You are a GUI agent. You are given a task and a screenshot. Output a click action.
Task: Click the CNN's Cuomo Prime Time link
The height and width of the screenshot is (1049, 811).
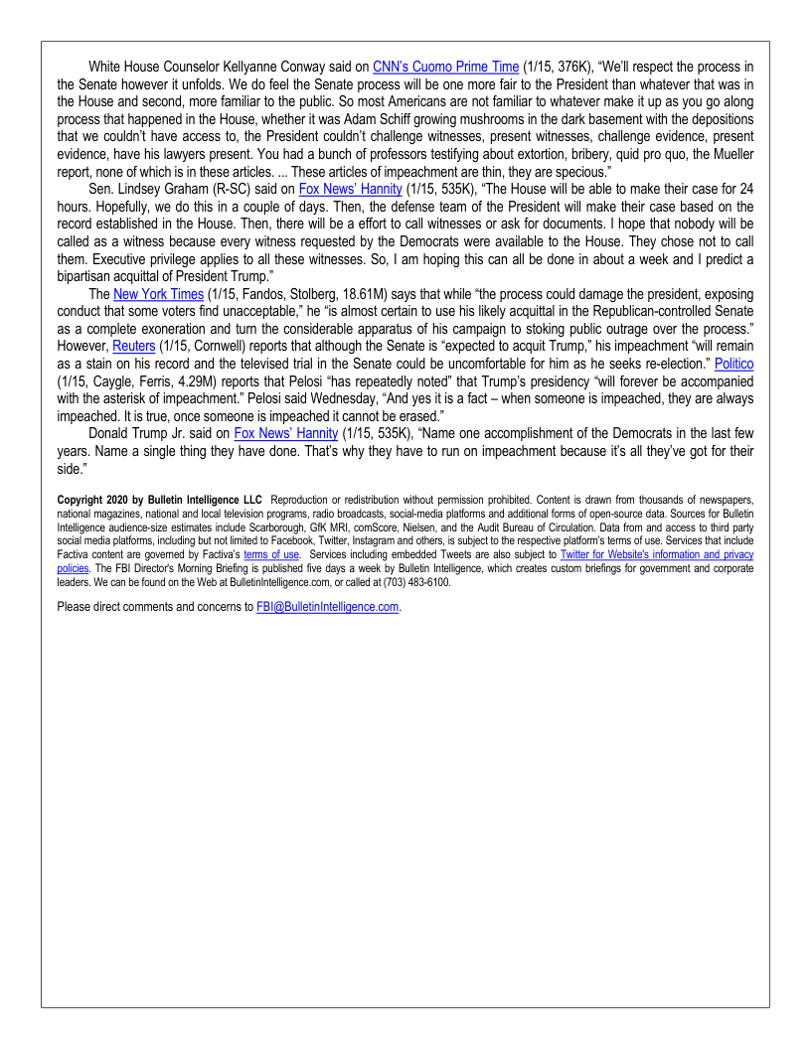445,68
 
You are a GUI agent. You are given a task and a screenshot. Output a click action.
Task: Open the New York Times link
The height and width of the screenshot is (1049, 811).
159,295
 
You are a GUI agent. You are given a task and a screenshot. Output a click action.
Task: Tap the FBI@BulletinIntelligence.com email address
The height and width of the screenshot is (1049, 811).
328,606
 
